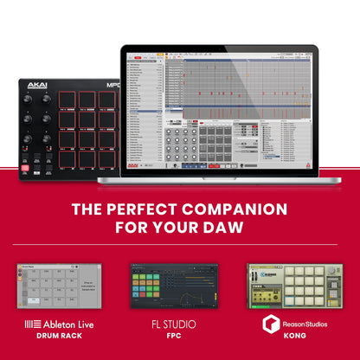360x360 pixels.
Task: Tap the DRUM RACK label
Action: [58, 337]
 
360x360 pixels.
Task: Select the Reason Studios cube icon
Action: [270, 325]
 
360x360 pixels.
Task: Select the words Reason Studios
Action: [303, 325]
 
